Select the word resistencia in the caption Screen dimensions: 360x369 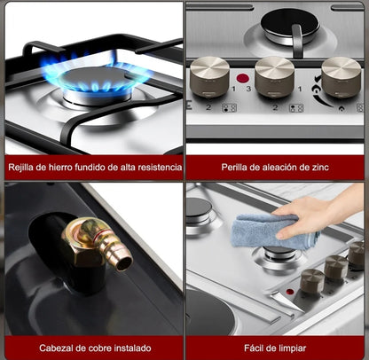click(x=156, y=167)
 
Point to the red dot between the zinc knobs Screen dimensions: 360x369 click(x=241, y=78)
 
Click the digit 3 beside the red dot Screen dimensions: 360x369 click(x=248, y=89)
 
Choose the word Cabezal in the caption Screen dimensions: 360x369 click(x=49, y=348)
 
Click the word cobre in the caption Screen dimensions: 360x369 click(x=97, y=348)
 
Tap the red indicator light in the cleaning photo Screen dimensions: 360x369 click(x=290, y=291)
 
